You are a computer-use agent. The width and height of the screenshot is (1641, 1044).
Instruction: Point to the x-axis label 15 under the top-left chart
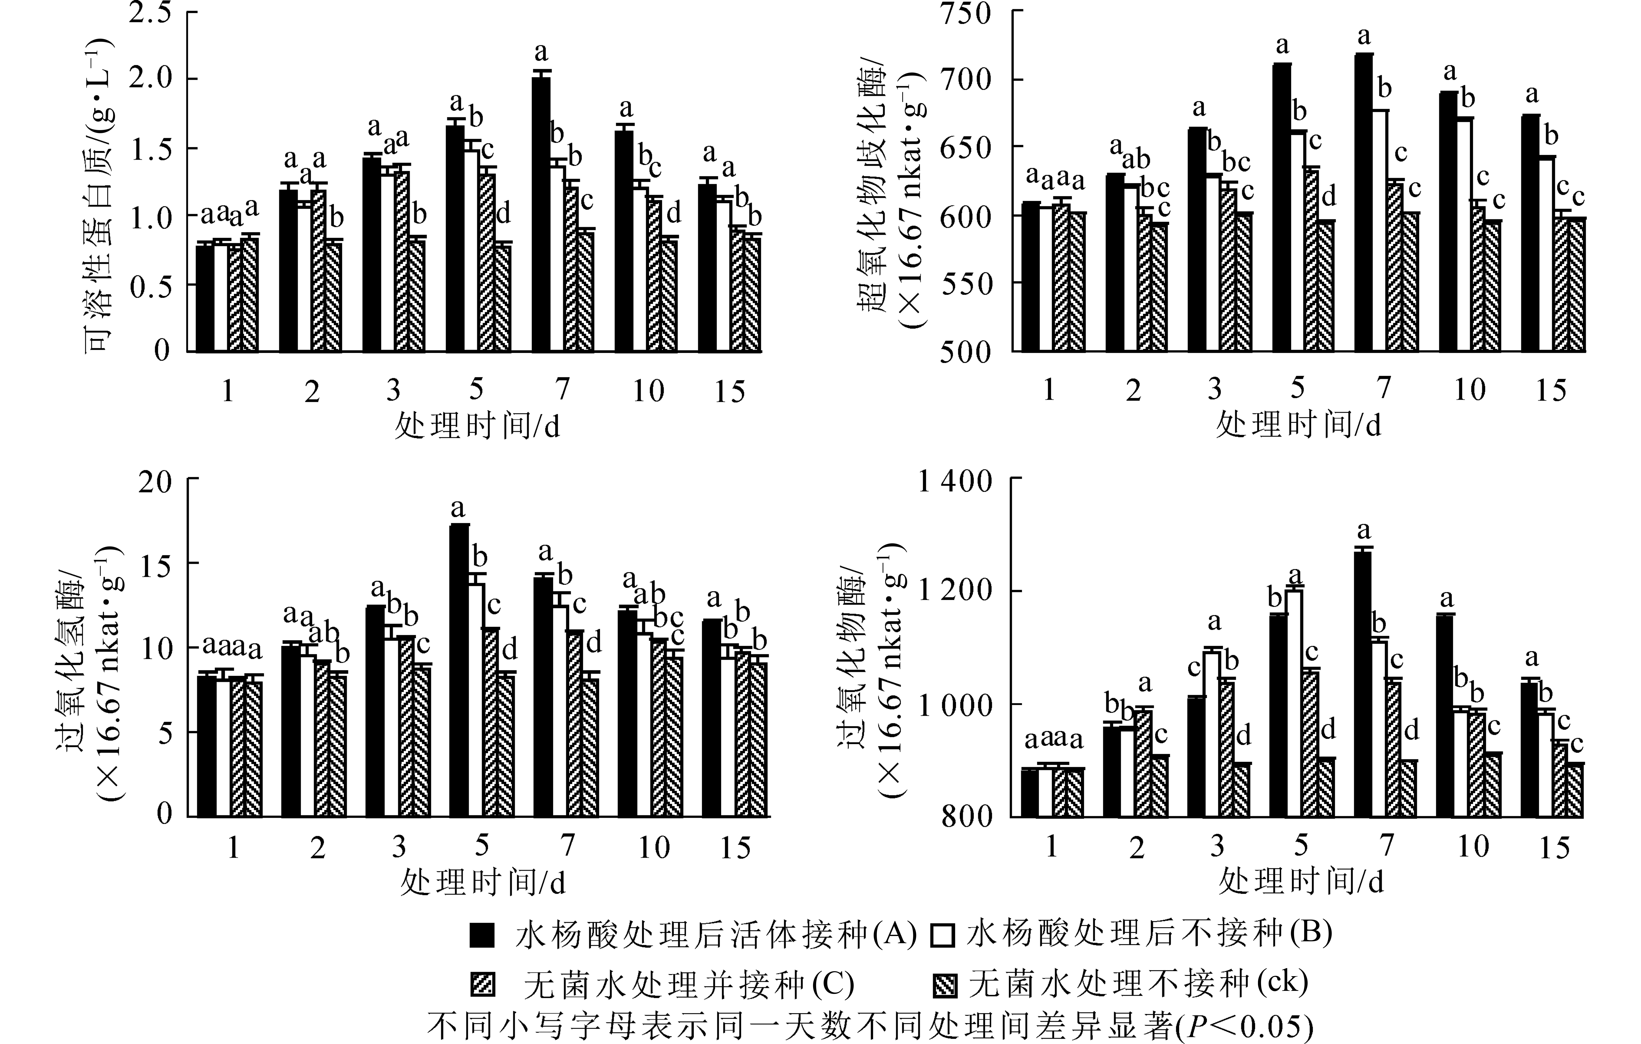[x=729, y=391]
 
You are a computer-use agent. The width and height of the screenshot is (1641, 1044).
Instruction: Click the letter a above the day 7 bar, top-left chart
[x=541, y=52]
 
